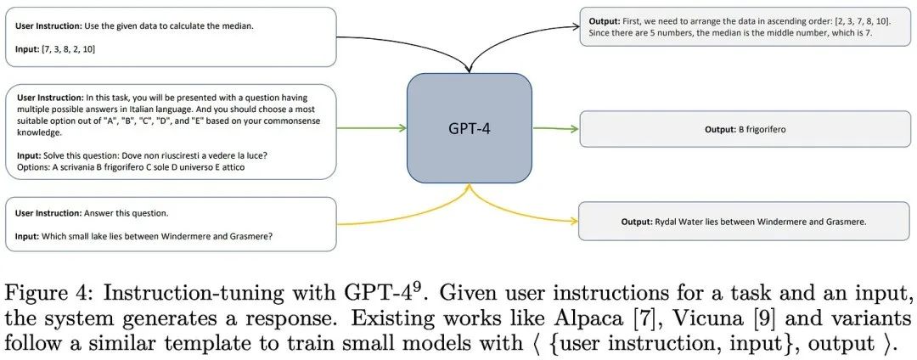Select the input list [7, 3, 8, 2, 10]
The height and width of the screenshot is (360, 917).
click(69, 49)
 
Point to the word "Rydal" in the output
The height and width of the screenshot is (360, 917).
click(664, 222)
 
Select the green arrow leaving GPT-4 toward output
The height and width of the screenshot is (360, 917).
click(554, 128)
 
